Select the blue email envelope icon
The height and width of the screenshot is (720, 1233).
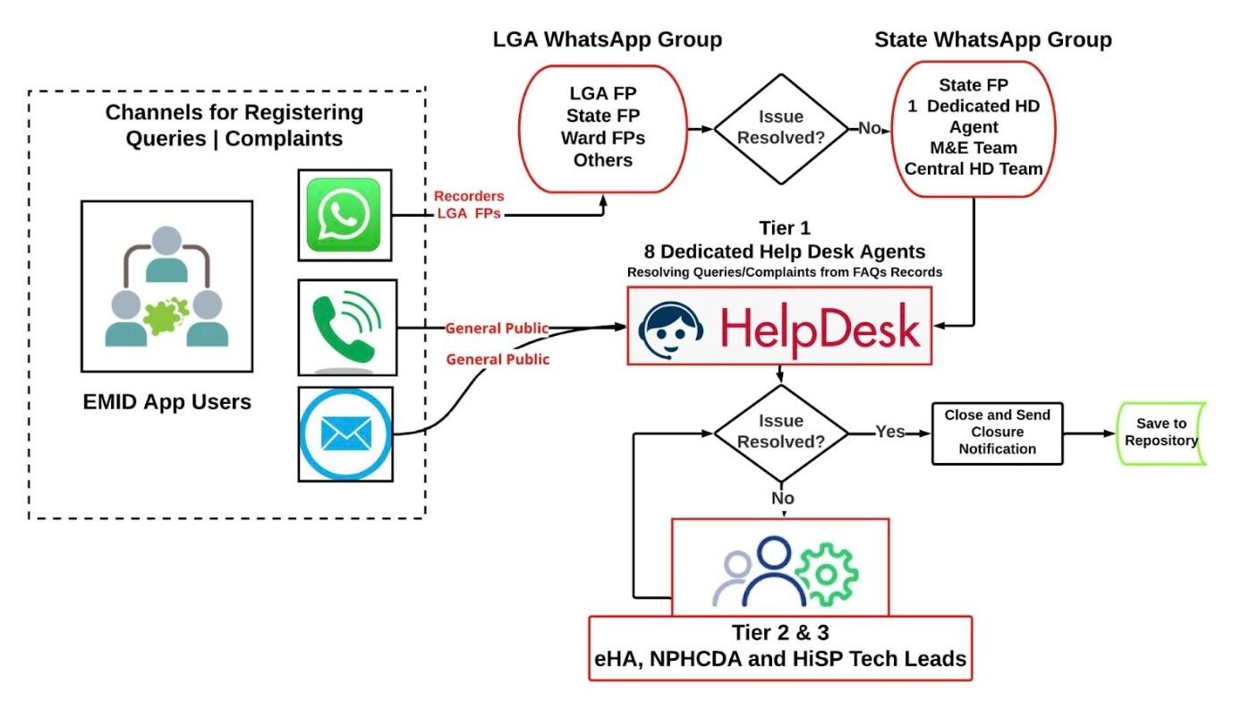(346, 433)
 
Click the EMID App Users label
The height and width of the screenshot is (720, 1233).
(166, 402)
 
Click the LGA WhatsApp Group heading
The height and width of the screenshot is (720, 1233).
(608, 40)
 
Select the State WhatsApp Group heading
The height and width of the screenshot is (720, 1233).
(993, 40)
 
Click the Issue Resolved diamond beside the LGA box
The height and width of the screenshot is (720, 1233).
(781, 128)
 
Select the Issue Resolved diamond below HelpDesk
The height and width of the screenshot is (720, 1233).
(781, 433)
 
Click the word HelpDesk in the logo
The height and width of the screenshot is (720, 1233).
(819, 328)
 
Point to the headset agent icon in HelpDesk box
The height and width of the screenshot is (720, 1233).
(672, 328)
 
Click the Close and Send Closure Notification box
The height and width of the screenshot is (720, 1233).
(998, 432)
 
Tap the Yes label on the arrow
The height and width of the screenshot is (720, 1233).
(889, 432)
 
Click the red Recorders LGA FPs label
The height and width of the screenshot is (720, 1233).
(469, 204)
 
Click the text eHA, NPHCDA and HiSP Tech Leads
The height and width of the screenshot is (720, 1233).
(779, 659)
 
